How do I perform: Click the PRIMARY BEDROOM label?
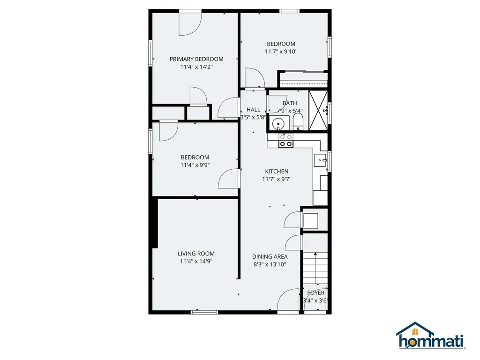(196, 59)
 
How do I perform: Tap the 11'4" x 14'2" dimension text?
(196, 67)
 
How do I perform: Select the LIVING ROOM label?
(196, 254)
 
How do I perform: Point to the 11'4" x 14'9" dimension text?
(196, 262)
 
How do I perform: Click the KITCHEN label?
(277, 172)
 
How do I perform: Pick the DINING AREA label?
(270, 256)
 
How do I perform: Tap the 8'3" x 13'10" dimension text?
(270, 264)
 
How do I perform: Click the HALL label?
(253, 110)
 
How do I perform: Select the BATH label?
(290, 103)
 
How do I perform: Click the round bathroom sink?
(278, 125)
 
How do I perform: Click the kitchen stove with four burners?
(286, 140)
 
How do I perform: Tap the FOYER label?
(316, 293)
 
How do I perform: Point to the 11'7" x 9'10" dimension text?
(281, 52)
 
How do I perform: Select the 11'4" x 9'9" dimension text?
(195, 165)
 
